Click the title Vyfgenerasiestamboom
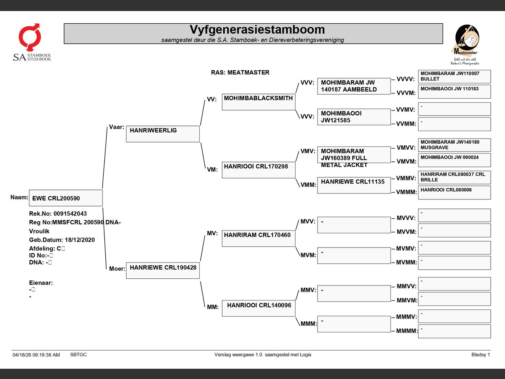(257, 30)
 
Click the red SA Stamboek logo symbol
(30, 37)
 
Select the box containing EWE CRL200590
(66, 198)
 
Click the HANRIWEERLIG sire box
(163, 134)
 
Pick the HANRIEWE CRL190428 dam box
(163, 270)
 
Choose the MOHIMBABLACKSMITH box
(258, 102)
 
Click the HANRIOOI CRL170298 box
(258, 170)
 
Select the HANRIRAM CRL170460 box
(258, 238)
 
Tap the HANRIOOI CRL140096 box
(258, 308)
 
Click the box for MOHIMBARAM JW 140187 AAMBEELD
(354, 86)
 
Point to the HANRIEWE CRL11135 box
(354, 185)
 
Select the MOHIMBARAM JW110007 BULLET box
(454, 77)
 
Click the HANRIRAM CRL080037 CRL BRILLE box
(454, 177)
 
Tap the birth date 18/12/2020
(80, 240)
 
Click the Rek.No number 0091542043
(70, 214)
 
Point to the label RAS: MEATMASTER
(240, 73)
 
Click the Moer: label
(117, 269)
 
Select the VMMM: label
(406, 192)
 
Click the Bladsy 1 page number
(481, 355)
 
